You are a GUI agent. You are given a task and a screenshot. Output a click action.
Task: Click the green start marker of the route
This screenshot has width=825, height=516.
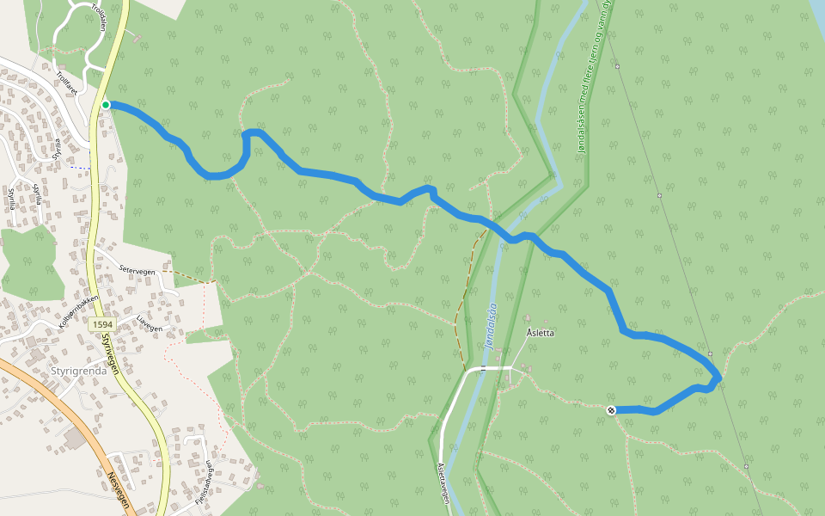click(x=106, y=105)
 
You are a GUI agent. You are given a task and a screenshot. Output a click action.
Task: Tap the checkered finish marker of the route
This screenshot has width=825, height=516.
click(x=611, y=410)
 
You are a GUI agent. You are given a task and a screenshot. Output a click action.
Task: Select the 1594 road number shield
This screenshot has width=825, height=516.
click(x=101, y=324)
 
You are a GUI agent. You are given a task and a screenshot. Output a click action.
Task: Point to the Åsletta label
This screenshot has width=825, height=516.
click(x=539, y=331)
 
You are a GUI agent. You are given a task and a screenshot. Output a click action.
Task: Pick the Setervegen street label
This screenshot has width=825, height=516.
click(x=137, y=270)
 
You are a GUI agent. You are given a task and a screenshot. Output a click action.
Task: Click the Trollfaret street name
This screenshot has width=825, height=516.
click(x=66, y=83)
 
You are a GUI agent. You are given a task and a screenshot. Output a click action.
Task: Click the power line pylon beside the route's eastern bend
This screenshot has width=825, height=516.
click(x=711, y=354)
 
